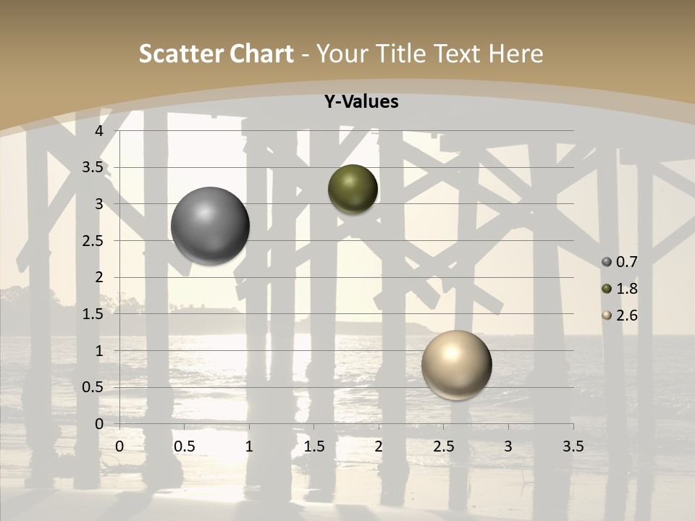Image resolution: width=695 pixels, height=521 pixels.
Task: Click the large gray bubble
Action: coord(210,226)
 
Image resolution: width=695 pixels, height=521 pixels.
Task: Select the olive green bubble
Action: coord(353,189)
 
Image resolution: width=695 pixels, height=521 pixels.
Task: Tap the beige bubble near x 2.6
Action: coord(456,365)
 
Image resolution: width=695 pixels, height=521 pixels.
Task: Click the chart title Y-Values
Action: coord(361,102)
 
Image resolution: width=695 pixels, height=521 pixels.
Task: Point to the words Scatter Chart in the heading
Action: coord(216,54)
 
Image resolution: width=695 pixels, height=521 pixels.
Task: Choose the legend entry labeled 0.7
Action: coord(620,261)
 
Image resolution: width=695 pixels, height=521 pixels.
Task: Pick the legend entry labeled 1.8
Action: coord(620,289)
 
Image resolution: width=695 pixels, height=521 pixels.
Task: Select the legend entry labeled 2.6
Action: coord(620,315)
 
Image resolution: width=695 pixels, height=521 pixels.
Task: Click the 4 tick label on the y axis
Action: coord(100,131)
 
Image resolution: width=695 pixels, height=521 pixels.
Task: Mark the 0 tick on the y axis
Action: coord(100,424)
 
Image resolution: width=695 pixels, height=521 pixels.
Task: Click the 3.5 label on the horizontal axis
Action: coord(573,446)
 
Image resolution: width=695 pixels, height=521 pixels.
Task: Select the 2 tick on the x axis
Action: coord(379,446)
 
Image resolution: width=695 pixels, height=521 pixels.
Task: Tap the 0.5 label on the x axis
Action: coord(184,446)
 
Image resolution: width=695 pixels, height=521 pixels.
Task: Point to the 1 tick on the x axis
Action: coord(249,446)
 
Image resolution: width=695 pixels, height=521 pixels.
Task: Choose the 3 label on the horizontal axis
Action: coord(508,446)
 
